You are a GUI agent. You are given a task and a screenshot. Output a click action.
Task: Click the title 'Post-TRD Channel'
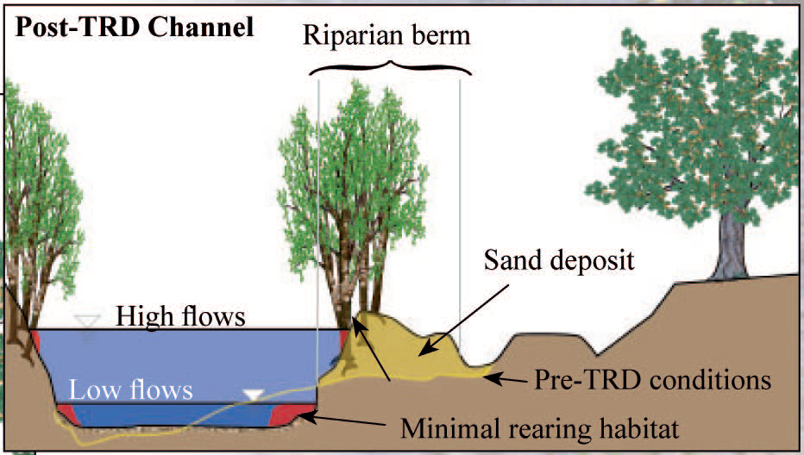pos(135,28)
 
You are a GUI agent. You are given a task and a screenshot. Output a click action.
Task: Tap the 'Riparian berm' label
pos(386,36)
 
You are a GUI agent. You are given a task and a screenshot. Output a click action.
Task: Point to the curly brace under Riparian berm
pos(390,68)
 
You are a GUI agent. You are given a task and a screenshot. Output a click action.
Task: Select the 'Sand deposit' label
pos(559,261)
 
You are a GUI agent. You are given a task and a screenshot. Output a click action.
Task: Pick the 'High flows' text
pos(180,316)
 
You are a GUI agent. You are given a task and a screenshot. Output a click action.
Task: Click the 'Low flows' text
pos(131,390)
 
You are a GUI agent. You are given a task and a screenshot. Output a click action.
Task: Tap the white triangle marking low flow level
pos(254,395)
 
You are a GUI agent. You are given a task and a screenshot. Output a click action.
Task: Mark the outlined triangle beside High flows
pos(86,321)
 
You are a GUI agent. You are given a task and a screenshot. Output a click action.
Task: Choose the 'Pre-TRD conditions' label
pos(653,380)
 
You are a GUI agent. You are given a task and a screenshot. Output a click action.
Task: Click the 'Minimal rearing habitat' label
pos(539,429)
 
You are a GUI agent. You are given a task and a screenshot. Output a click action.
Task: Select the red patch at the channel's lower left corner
pos(68,414)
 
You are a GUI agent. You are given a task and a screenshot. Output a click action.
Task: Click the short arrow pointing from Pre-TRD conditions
pos(506,380)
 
